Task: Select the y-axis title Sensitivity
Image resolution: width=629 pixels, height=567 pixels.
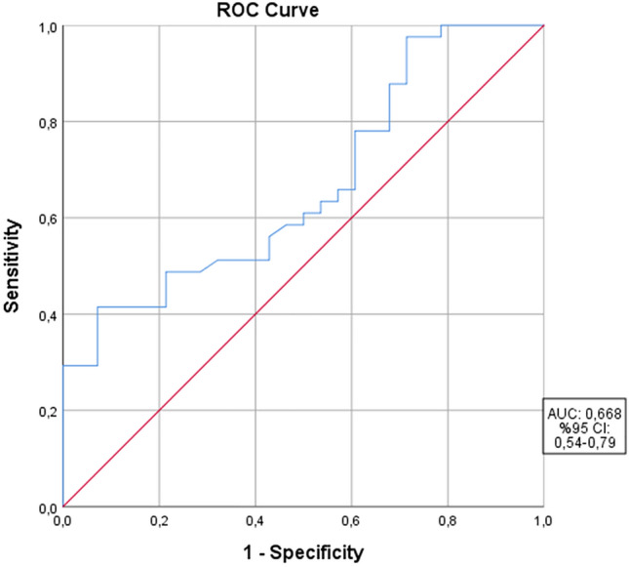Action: [13, 265]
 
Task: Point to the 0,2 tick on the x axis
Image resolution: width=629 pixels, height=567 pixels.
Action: [158, 522]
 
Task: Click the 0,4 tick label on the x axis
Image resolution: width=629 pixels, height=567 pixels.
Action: [255, 522]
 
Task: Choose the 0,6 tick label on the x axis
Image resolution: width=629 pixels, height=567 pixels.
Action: [351, 522]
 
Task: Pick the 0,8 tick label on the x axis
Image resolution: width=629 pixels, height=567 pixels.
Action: [447, 522]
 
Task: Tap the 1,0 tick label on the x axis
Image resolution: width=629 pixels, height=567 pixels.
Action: [542, 522]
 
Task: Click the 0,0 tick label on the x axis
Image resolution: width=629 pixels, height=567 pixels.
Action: [62, 522]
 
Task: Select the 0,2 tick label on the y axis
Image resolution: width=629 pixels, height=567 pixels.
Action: [44, 411]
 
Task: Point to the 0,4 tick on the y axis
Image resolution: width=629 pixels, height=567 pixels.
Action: [44, 314]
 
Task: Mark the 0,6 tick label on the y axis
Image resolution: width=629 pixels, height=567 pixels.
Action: [44, 218]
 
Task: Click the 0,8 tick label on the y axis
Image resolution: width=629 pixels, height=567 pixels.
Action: [44, 122]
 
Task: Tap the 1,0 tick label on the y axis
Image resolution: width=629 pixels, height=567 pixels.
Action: [44, 26]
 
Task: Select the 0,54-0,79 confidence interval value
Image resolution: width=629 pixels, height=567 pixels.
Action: [582, 444]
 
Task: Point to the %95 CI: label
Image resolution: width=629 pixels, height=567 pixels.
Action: [582, 427]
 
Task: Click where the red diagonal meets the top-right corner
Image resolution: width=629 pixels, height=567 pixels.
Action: [542, 25]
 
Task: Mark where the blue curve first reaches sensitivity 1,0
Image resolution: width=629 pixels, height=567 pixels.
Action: [441, 25]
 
